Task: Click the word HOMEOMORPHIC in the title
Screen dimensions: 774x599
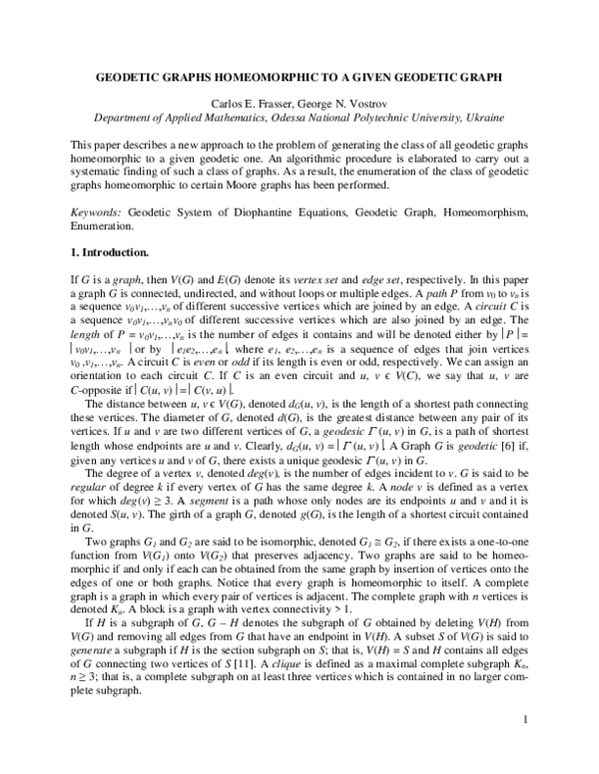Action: point(284,75)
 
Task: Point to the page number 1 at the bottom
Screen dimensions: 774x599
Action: point(524,747)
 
